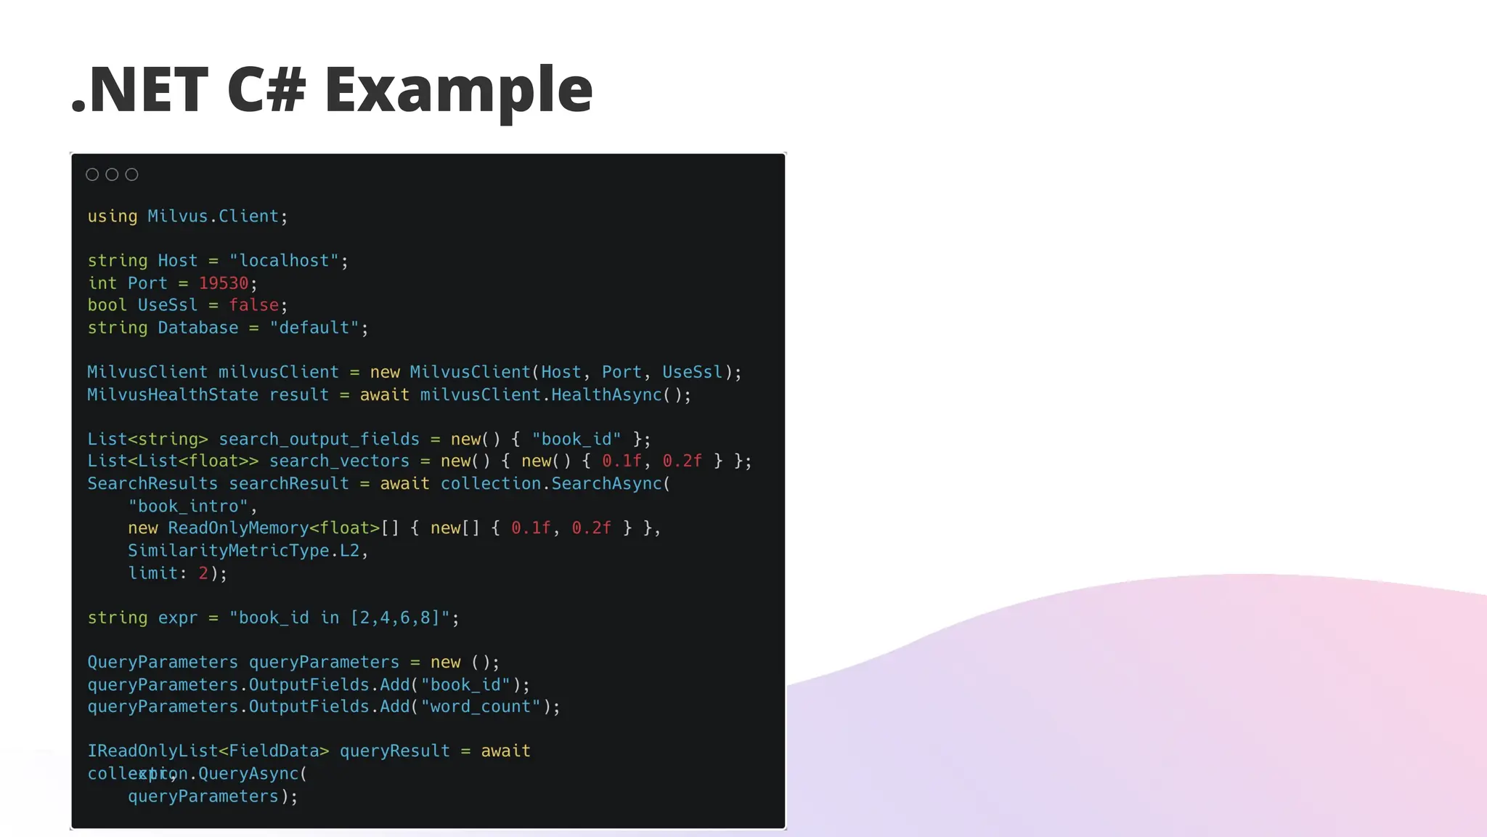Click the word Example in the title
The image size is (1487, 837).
(458, 90)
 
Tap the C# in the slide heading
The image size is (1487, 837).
(266, 90)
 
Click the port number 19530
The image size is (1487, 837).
(223, 283)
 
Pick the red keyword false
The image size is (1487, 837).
(253, 305)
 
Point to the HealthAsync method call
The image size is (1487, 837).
(606, 395)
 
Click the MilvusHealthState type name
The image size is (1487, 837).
(172, 395)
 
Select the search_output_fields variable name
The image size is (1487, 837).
(319, 440)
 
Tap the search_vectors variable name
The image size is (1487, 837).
(339, 461)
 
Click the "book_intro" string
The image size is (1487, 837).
(188, 506)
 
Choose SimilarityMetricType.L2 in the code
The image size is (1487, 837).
(243, 551)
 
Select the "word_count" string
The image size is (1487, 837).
(480, 707)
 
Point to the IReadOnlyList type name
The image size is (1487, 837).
(152, 751)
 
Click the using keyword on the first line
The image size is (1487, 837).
(112, 217)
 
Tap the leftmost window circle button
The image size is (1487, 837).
(92, 174)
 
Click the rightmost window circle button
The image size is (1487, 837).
(131, 174)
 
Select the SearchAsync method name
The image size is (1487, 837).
(606, 484)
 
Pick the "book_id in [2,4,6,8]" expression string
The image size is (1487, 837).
(339, 618)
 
